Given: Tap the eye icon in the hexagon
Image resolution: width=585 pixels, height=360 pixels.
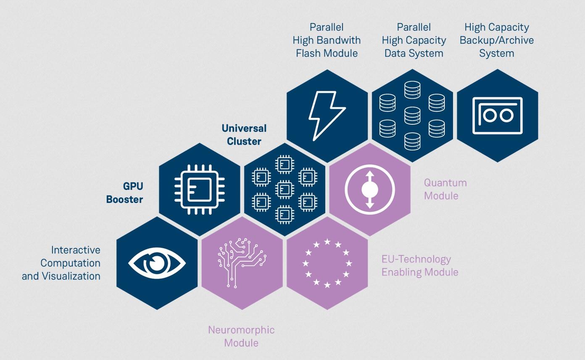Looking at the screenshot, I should (157, 263).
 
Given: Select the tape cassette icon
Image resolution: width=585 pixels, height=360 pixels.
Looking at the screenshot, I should (498, 116).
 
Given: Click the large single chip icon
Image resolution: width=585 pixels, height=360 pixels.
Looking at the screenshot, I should (200, 189).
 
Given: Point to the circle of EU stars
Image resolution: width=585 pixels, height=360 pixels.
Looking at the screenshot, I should (327, 263).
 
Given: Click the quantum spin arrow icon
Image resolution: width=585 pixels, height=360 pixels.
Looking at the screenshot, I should (370, 189).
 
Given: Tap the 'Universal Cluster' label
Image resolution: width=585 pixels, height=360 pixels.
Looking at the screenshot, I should (244, 135).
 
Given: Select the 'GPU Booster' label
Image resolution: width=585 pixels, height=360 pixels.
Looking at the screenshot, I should (124, 193).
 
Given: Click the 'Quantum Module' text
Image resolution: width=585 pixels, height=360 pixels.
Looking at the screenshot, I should (445, 189).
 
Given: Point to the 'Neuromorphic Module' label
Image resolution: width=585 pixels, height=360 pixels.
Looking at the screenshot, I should (241, 336).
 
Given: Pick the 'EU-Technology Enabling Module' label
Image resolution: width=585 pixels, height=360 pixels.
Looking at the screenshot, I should (419, 265).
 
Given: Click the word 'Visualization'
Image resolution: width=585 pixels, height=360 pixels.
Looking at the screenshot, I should (70, 276).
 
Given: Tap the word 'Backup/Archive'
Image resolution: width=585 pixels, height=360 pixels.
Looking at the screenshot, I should (497, 40).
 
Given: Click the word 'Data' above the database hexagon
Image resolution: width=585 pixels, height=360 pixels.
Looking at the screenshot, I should (397, 53).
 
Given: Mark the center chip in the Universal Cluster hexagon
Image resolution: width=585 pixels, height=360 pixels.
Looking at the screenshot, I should (285, 189).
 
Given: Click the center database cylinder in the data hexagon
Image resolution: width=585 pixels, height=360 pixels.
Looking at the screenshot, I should (412, 116).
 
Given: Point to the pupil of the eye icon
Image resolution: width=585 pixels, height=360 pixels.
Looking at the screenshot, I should (158, 263).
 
